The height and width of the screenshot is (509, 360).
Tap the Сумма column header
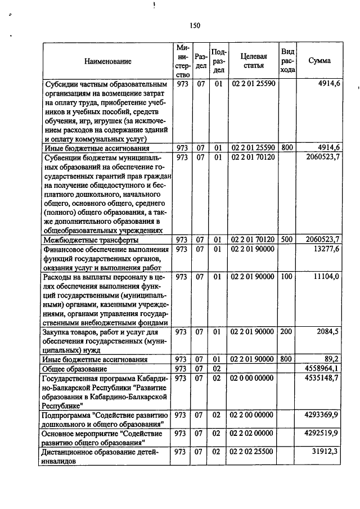coord(319,61)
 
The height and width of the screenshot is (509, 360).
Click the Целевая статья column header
coord(253,61)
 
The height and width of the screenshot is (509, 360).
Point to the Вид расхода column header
coord(287,61)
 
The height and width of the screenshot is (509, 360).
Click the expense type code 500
coord(287,240)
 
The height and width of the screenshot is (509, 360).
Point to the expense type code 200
coord(287,332)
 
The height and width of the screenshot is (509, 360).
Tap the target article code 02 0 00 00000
coord(253,378)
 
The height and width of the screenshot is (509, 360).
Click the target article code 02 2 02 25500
coord(253,451)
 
